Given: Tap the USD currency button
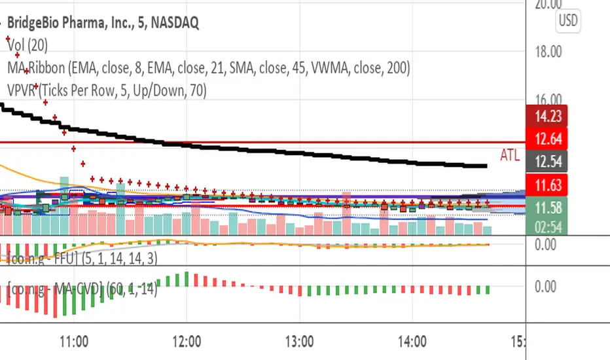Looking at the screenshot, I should pos(567,21).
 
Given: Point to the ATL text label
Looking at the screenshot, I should pos(511,155).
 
